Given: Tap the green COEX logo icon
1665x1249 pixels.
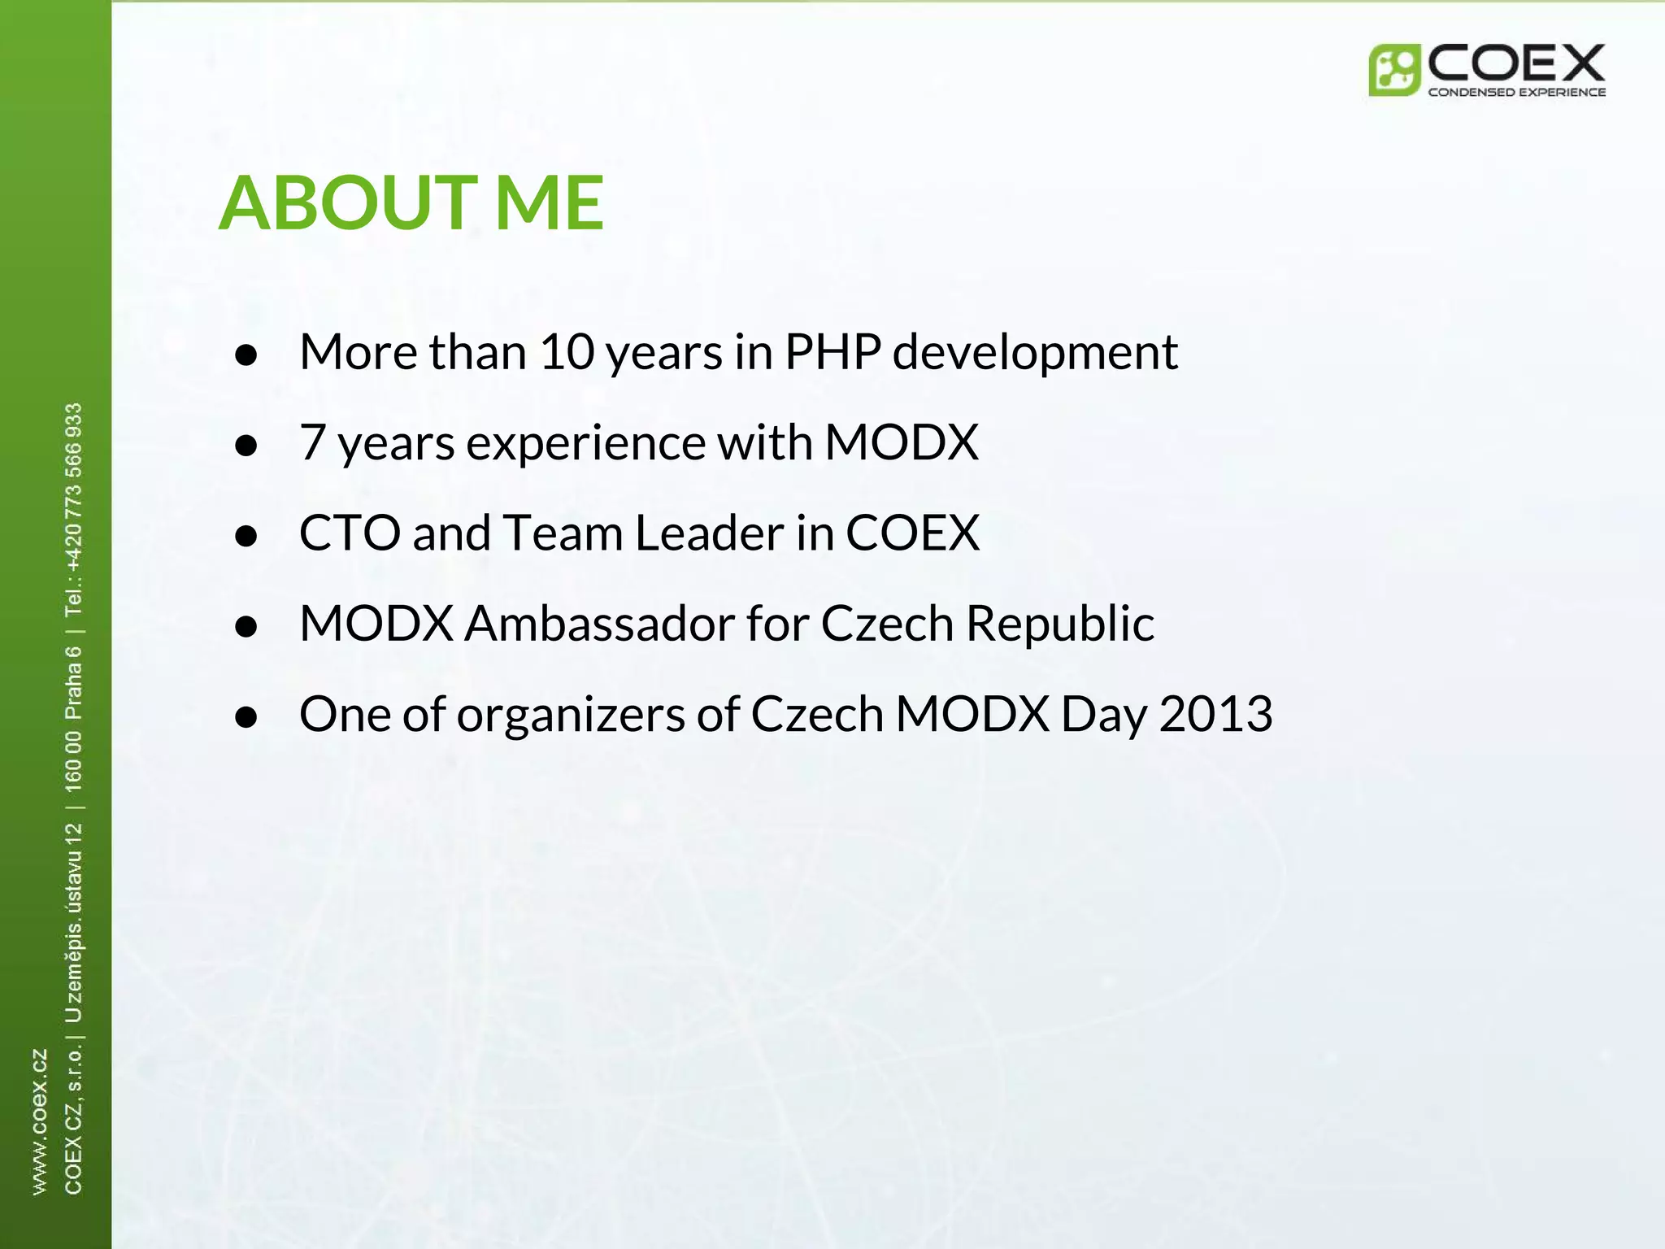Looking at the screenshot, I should click(x=1393, y=71).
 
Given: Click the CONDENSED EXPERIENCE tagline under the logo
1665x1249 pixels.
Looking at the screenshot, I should click(x=1516, y=93).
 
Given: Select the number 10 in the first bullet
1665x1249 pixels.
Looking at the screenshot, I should click(x=567, y=352).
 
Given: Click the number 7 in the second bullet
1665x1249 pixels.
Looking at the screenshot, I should click(x=312, y=442).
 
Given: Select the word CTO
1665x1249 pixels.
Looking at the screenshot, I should click(x=350, y=533).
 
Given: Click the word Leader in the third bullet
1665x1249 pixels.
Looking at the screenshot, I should click(x=709, y=533).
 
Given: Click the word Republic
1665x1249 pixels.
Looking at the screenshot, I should click(x=1059, y=624).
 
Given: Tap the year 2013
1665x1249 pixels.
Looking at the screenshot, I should click(x=1215, y=714).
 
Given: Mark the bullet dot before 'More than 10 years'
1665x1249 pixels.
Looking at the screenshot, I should click(x=246, y=355).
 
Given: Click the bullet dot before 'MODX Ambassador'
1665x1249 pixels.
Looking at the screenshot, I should click(x=246, y=626).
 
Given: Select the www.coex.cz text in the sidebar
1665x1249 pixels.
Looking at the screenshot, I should click(x=39, y=1122).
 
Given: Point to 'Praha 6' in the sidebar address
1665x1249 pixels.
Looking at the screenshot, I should click(x=73, y=683).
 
